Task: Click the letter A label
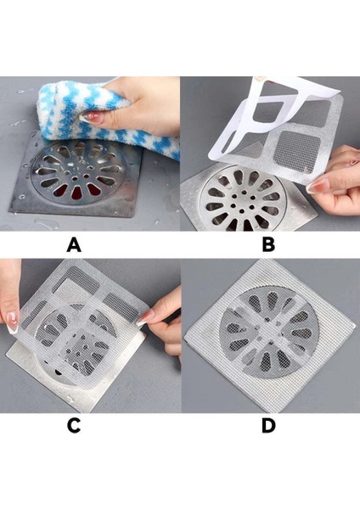click(74, 244)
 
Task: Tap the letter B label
click(268, 244)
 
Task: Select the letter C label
click(74, 426)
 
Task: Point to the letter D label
click(268, 426)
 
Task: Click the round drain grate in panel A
click(76, 173)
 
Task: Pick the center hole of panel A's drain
click(75, 178)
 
